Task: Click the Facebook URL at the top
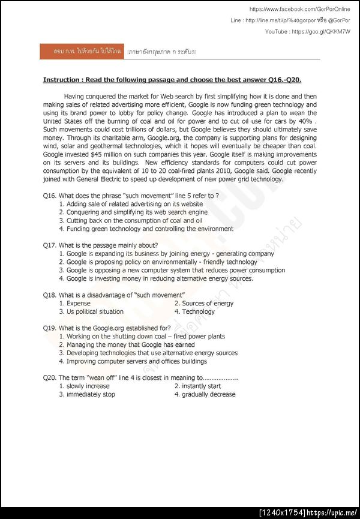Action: pyautogui.click(x=299, y=9)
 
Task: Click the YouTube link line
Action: pyautogui.click(x=308, y=31)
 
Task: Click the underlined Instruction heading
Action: pyautogui.click(x=172, y=80)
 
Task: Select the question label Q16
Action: pyautogui.click(x=50, y=196)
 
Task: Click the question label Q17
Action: pyautogui.click(x=50, y=245)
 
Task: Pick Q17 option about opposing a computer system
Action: pyautogui.click(x=175, y=270)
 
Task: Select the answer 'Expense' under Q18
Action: pyautogui.click(x=79, y=303)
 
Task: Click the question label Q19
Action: pyautogui.click(x=50, y=328)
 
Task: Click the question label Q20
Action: pyautogui.click(x=50, y=378)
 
